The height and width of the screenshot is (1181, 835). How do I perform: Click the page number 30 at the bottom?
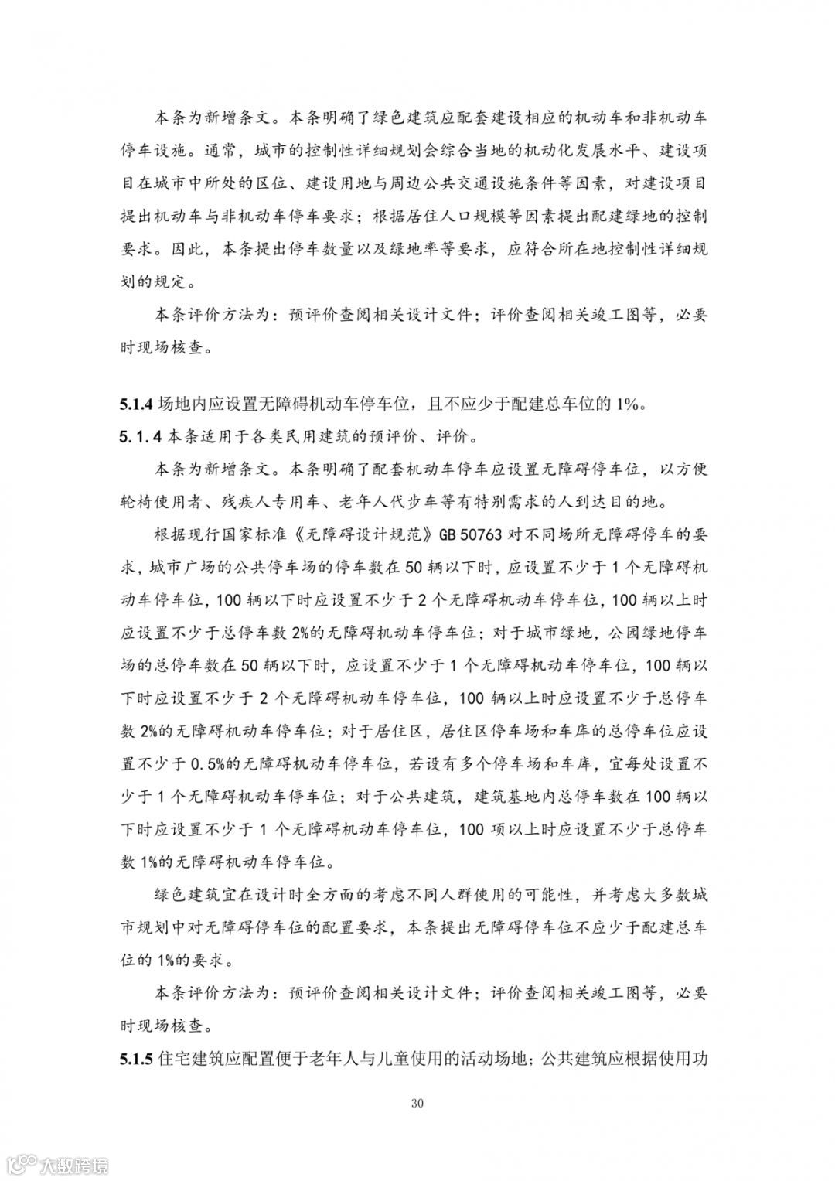click(417, 1103)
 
